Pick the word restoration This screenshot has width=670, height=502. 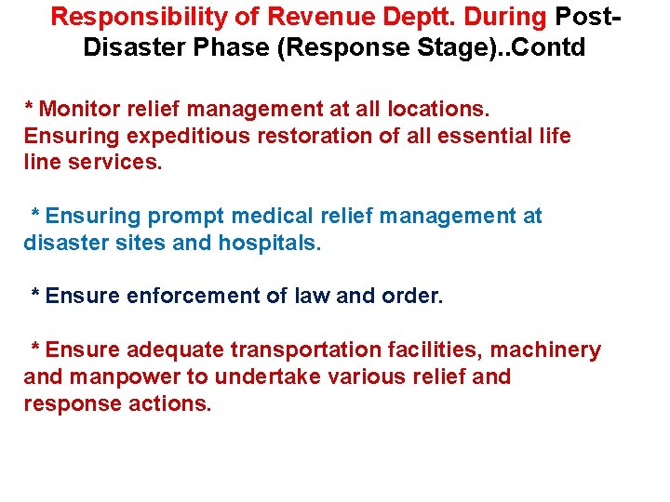315,137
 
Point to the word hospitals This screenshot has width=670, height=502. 270,244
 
